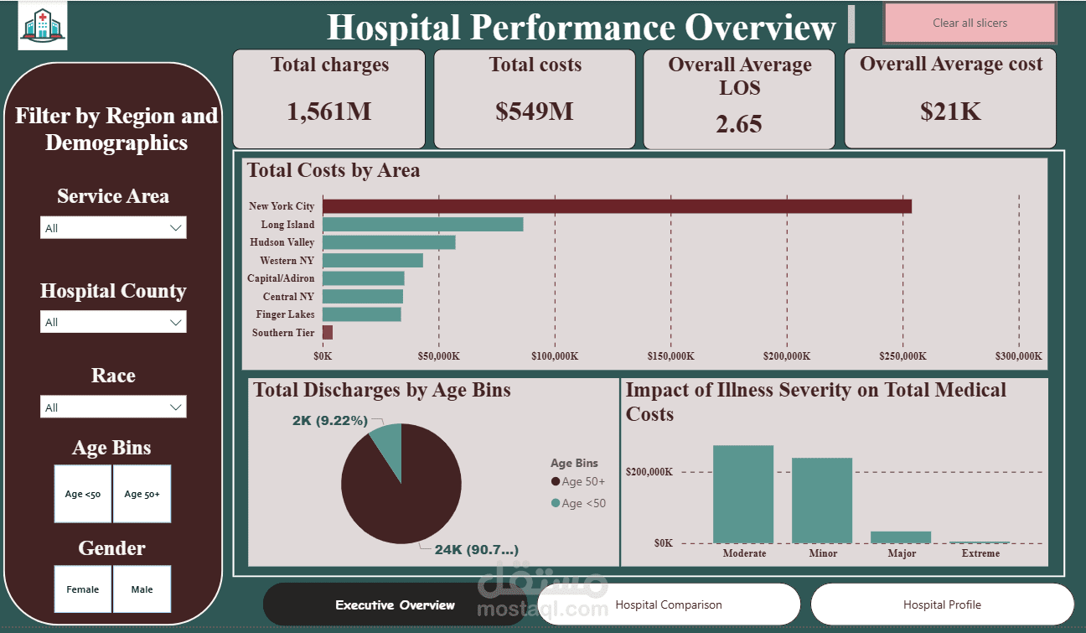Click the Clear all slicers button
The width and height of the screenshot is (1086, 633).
pyautogui.click(x=970, y=23)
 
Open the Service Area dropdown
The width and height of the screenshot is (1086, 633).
pyautogui.click(x=113, y=228)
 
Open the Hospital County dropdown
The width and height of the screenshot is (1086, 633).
pyautogui.click(x=113, y=322)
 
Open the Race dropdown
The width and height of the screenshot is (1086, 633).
pyautogui.click(x=113, y=407)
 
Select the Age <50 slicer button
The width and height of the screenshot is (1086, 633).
pyautogui.click(x=83, y=494)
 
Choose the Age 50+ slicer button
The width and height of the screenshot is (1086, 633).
pyautogui.click(x=142, y=494)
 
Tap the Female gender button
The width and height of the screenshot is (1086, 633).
pyautogui.click(x=83, y=589)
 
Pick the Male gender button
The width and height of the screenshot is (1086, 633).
pyautogui.click(x=142, y=589)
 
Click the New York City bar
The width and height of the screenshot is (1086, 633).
pyautogui.click(x=617, y=206)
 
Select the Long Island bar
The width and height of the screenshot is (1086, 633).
pyautogui.click(x=422, y=225)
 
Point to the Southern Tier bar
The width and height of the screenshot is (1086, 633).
pyautogui.click(x=328, y=333)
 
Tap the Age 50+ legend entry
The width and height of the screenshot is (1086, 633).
pyautogui.click(x=578, y=481)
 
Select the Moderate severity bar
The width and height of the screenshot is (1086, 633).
pyautogui.click(x=743, y=495)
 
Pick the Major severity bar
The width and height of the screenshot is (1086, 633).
pyautogui.click(x=901, y=537)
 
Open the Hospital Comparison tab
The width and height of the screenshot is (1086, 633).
pyautogui.click(x=669, y=604)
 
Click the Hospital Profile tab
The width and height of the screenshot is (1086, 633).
pyautogui.click(x=942, y=604)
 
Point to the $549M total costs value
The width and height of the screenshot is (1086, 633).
pyautogui.click(x=535, y=112)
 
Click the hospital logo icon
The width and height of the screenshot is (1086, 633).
pyautogui.click(x=43, y=28)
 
